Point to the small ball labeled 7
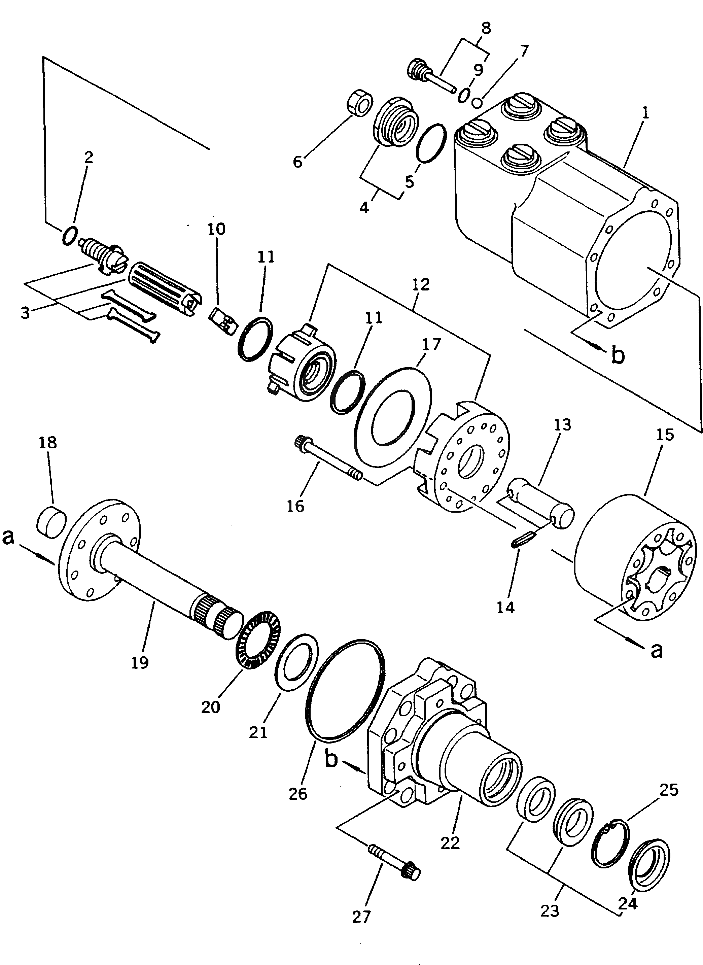[478, 102]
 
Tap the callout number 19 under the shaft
[140, 662]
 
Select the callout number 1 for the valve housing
[645, 113]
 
